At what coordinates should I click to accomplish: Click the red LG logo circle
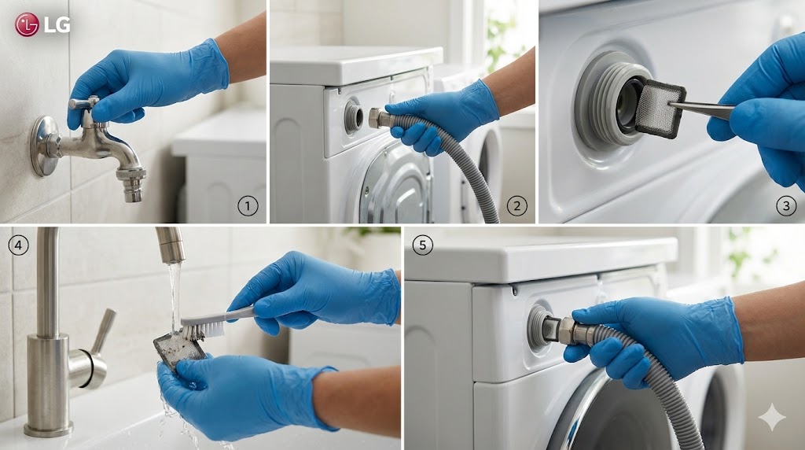tap(27, 24)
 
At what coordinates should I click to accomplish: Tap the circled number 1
tap(248, 206)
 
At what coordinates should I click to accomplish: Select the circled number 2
tap(516, 206)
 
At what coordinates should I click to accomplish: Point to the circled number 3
tap(785, 206)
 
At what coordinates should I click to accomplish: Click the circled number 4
tap(19, 245)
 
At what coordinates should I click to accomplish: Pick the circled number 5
tap(422, 245)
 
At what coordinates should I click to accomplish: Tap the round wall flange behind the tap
tap(43, 146)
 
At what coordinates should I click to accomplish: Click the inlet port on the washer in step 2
tap(353, 117)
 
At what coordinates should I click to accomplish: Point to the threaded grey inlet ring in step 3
tap(598, 100)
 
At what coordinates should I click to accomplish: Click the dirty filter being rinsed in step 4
tap(180, 349)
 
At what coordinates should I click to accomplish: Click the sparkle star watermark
tap(772, 418)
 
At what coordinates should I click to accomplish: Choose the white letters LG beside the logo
tap(57, 24)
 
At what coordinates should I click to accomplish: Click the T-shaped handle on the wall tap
tap(85, 103)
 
